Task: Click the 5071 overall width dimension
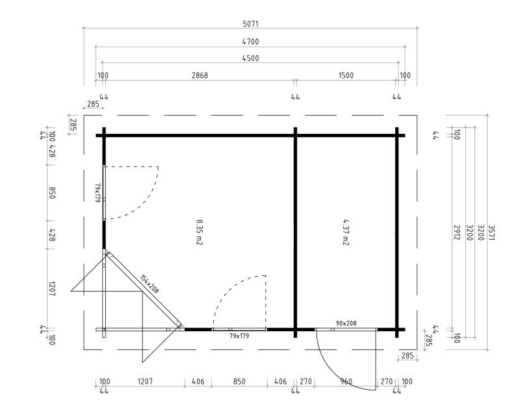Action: [250, 24]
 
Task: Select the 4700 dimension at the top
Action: [250, 42]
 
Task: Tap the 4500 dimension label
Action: [250, 58]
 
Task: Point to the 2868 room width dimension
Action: [200, 75]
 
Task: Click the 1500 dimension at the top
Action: [346, 75]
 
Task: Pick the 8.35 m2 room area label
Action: [200, 232]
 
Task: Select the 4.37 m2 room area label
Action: [346, 232]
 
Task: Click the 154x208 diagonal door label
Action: [149, 284]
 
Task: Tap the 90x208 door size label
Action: [346, 323]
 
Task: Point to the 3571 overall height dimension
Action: [491, 233]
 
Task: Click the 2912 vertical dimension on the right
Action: [457, 233]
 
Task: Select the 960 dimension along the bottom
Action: [346, 381]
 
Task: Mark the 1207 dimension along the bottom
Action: [145, 381]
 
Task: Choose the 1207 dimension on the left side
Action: [52, 289]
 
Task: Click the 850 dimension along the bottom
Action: [239, 381]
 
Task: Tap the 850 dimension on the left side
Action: [52, 193]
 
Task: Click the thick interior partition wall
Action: [296, 233]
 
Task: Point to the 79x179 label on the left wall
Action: [97, 193]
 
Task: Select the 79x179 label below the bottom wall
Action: [239, 336]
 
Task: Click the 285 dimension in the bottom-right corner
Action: [408, 356]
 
